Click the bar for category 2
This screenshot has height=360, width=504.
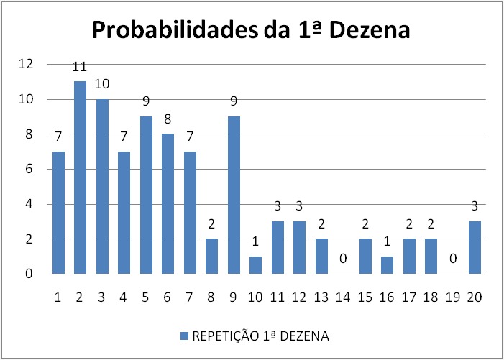point(80,177)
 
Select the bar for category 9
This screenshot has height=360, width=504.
point(234,195)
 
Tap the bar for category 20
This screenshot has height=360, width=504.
point(475,248)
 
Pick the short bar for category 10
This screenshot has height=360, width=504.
point(255,265)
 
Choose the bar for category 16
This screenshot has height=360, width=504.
point(387,265)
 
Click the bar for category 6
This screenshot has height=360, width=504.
point(168,204)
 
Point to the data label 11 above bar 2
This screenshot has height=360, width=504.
point(80,67)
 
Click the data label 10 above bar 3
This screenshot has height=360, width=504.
point(102,84)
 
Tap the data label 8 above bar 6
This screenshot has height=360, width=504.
point(168,119)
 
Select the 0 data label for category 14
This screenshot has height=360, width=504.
point(343,258)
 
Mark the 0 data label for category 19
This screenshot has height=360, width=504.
point(453,258)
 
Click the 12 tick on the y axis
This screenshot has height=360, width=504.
point(26,64)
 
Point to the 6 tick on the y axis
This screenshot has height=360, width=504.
point(29,169)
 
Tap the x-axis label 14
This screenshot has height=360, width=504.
point(343,297)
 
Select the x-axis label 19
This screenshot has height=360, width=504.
point(452,297)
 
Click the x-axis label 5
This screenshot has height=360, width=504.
point(145,297)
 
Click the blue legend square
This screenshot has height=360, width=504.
point(184,336)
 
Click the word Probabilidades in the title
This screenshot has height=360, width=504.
point(175,30)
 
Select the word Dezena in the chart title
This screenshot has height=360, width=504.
point(370,30)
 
